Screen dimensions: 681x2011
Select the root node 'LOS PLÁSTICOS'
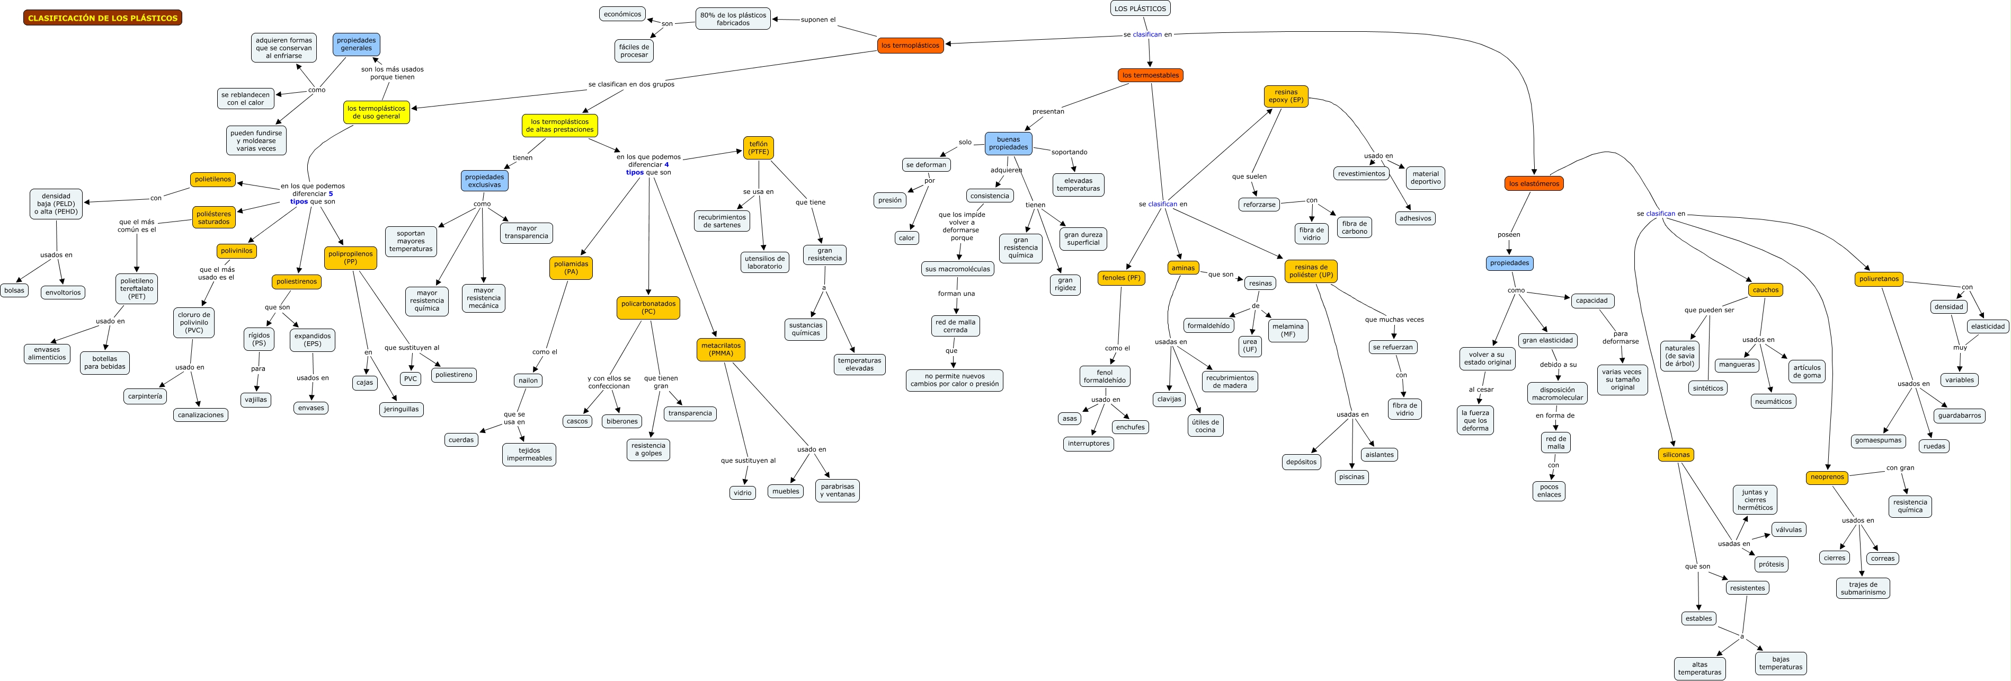(x=1140, y=8)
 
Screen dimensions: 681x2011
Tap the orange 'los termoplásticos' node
(x=910, y=45)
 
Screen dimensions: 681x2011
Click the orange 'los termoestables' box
(x=1150, y=75)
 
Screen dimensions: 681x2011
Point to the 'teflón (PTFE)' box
(x=758, y=148)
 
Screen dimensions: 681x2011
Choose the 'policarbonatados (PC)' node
(x=648, y=308)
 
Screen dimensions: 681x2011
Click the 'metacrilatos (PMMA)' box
(x=720, y=349)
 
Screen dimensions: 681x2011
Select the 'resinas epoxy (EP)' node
(x=1286, y=96)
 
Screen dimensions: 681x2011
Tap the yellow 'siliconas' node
(x=1675, y=455)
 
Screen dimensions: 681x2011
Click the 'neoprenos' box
(x=1827, y=476)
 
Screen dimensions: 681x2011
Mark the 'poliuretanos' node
(x=1878, y=279)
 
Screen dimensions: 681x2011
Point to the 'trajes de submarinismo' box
(x=1863, y=588)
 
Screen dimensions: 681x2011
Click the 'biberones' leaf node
(x=621, y=421)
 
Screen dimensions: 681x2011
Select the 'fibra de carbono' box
(x=1355, y=227)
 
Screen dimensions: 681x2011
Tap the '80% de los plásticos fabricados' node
(x=733, y=19)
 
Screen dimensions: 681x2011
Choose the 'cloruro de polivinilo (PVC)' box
(x=193, y=323)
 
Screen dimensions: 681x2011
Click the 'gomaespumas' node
(x=1877, y=440)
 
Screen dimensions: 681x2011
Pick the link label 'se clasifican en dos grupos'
(x=631, y=84)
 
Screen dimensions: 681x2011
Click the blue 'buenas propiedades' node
(x=1008, y=143)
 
